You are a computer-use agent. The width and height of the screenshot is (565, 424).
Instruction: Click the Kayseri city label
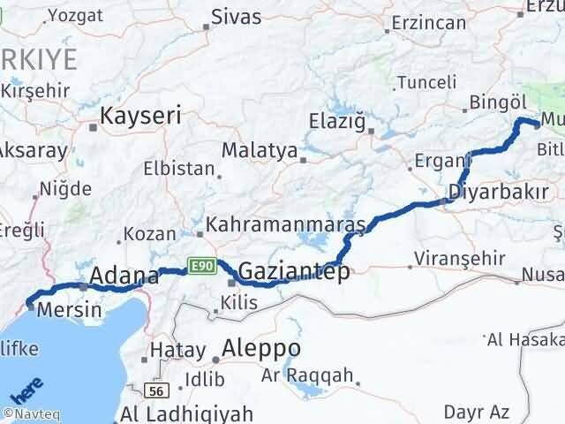[140, 116]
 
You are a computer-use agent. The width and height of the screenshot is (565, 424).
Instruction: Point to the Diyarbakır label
[499, 192]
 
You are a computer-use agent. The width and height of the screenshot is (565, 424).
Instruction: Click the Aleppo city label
[261, 347]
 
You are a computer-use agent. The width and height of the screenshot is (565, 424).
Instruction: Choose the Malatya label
[259, 150]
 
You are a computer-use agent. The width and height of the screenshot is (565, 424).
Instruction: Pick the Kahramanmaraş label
[285, 224]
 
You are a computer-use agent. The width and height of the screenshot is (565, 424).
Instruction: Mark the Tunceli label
[427, 82]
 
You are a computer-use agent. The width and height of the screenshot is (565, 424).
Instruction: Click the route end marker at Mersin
[29, 306]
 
